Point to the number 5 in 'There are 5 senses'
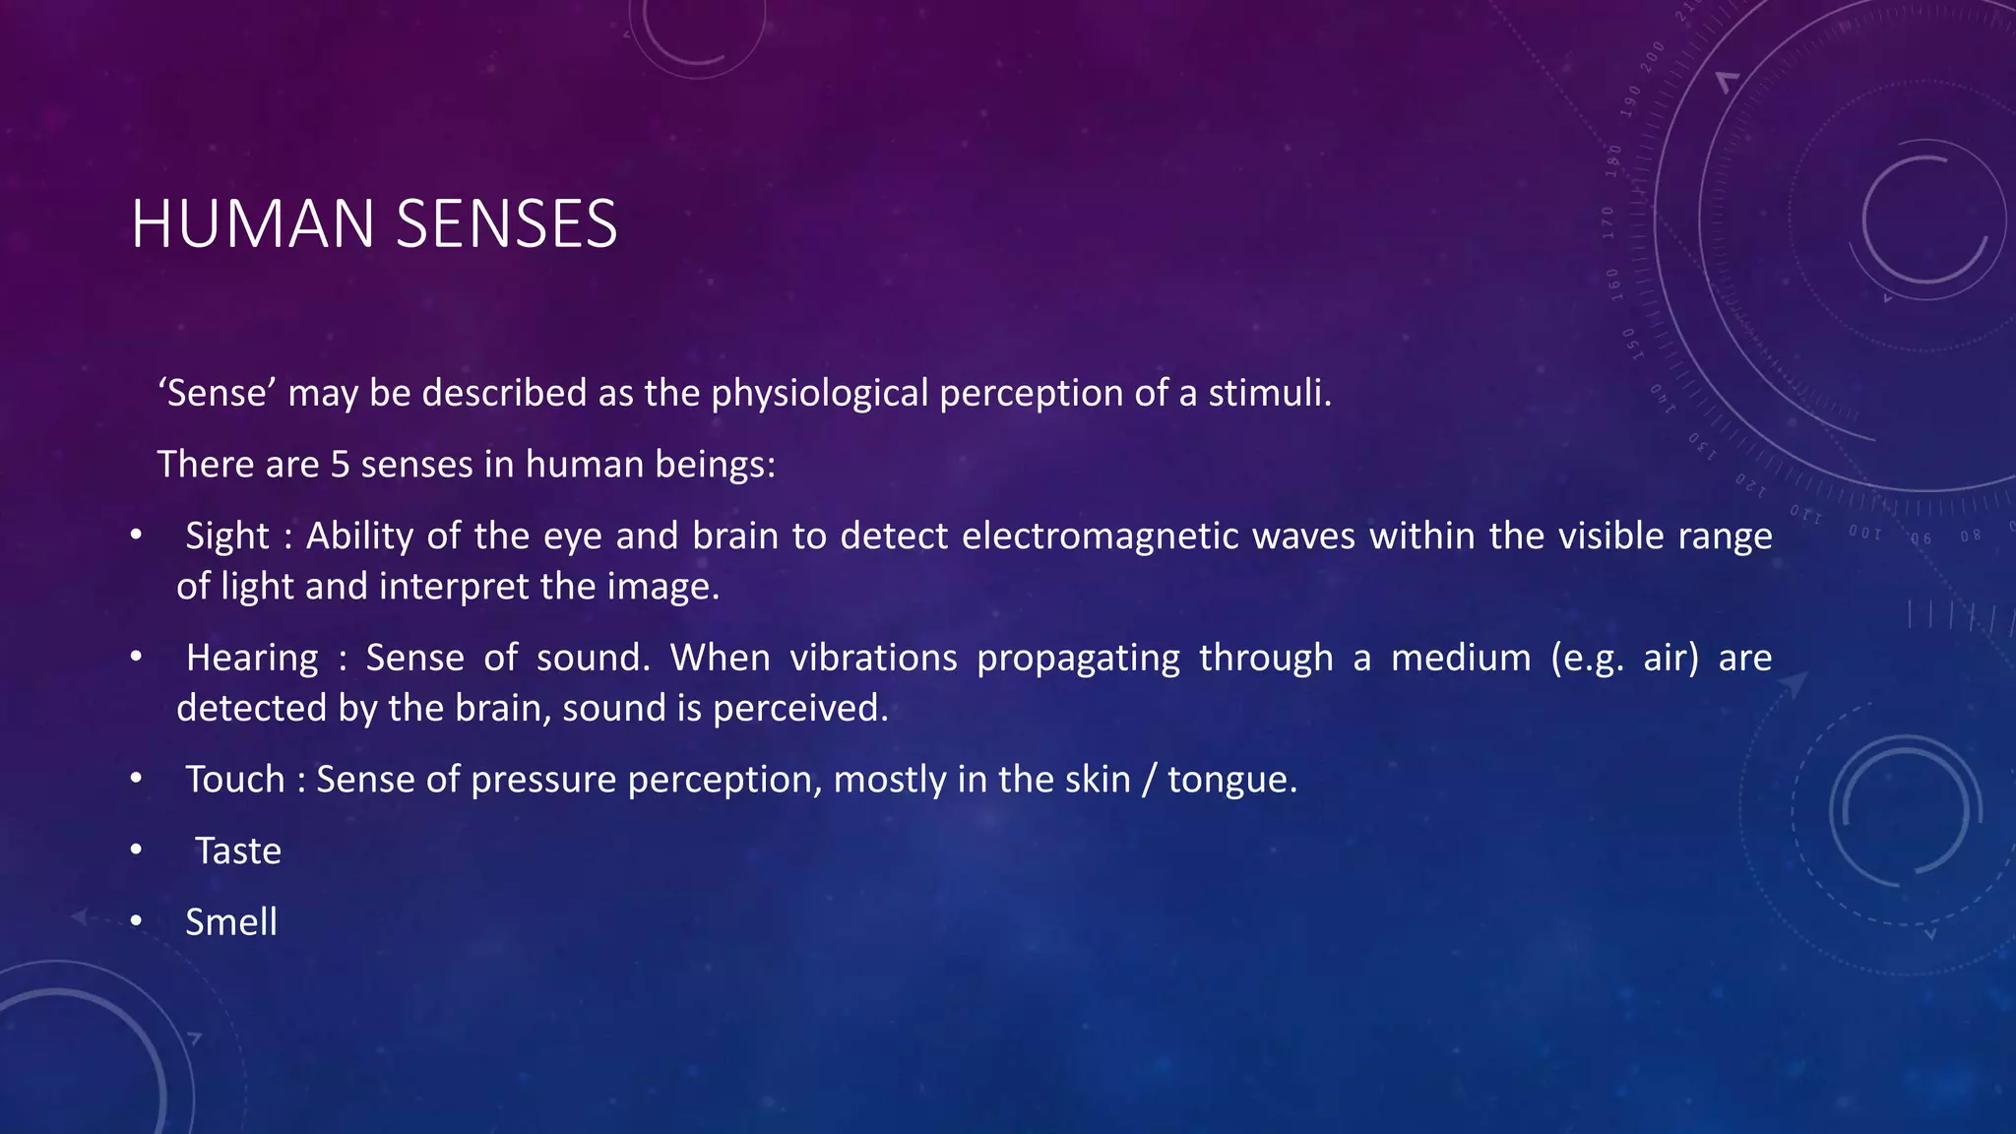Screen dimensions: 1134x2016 pyautogui.click(x=340, y=465)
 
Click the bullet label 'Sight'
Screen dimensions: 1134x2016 pyautogui.click(x=226, y=536)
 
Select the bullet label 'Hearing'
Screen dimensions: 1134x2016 pyautogui.click(x=252, y=658)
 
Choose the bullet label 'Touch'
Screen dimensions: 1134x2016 pyautogui.click(x=235, y=780)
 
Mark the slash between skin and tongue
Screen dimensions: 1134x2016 pyautogui.click(x=1149, y=780)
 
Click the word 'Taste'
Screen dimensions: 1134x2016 pyautogui.click(x=238, y=851)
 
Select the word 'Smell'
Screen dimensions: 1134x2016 pyautogui.click(x=231, y=922)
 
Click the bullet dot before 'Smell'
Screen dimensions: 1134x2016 pyautogui.click(x=136, y=921)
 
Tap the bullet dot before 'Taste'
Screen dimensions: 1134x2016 pyautogui.click(x=136, y=850)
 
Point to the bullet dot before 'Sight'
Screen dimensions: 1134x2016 pyautogui.click(x=136, y=535)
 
